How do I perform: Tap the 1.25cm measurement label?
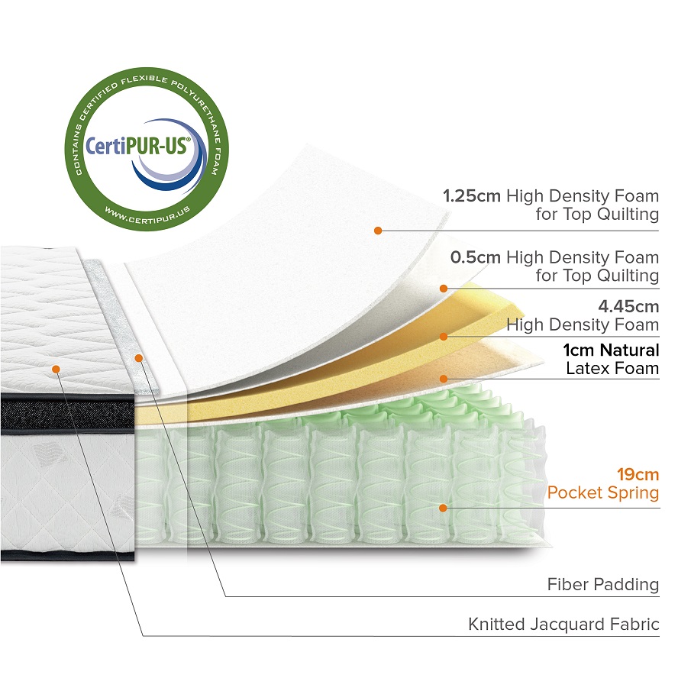pyautogui.click(x=472, y=195)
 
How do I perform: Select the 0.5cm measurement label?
pyautogui.click(x=475, y=257)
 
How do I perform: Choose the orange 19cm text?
pyautogui.click(x=638, y=474)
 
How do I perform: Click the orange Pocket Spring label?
pyautogui.click(x=602, y=492)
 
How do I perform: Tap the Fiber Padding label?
pyautogui.click(x=602, y=585)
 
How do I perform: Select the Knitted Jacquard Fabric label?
pyautogui.click(x=563, y=625)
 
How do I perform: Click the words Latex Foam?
pyautogui.click(x=612, y=369)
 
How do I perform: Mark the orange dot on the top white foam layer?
pyautogui.click(x=376, y=229)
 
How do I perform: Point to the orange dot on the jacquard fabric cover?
pyautogui.click(x=56, y=369)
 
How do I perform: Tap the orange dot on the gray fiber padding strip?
pyautogui.click(x=138, y=357)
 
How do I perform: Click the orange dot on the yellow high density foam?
pyautogui.click(x=443, y=336)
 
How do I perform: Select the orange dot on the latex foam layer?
pyautogui.click(x=443, y=377)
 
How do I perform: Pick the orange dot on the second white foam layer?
pyautogui.click(x=443, y=288)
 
